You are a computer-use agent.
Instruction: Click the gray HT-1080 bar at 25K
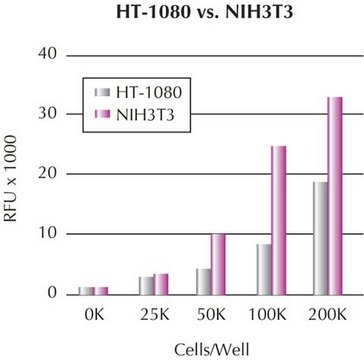(146, 285)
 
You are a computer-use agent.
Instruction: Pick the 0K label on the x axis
(95, 314)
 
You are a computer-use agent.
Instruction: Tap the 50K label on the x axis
(211, 314)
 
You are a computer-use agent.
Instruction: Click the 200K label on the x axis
(326, 314)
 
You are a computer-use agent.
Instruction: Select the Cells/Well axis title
(211, 346)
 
